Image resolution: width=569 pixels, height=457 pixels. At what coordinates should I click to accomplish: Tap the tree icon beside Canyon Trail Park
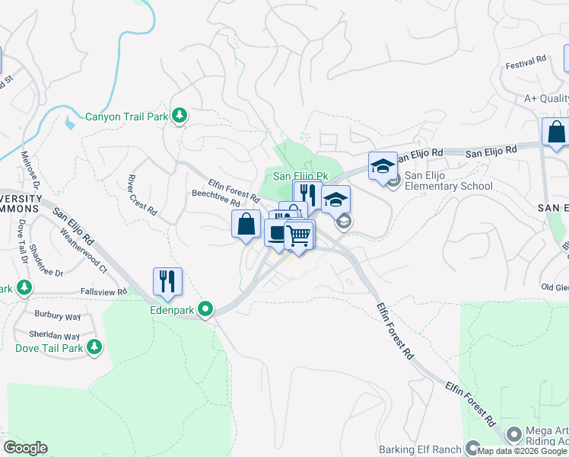point(180,116)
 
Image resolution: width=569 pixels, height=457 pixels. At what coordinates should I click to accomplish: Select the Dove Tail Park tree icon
point(94,348)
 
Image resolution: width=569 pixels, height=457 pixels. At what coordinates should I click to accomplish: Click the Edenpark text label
point(173,310)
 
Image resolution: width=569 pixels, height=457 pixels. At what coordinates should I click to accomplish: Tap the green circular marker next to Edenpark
point(205,309)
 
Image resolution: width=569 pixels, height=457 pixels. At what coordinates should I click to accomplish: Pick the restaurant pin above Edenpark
point(167,281)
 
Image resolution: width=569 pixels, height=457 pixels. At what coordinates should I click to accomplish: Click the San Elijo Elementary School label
point(448,181)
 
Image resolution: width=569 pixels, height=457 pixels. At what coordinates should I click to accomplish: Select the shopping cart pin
point(299,235)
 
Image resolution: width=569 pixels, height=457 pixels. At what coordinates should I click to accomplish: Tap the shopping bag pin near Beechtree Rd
point(246,225)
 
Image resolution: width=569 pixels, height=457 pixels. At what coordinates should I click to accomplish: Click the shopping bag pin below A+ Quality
point(556,132)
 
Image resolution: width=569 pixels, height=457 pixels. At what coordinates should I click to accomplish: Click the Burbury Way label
point(57,313)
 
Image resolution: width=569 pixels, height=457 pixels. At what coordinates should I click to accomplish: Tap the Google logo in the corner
point(25,448)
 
